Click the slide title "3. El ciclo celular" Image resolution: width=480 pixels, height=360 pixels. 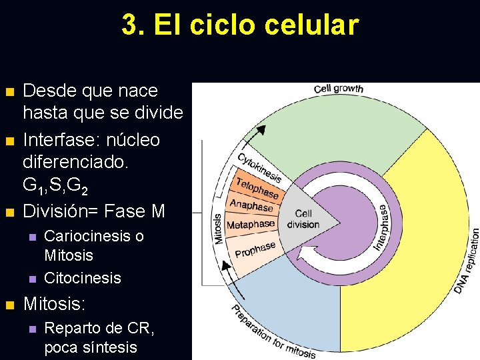click(x=240, y=25)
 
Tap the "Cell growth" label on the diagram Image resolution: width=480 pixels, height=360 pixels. click(x=338, y=89)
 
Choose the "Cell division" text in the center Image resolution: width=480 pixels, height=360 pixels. click(x=303, y=219)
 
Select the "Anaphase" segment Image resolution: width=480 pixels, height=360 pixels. click(x=251, y=205)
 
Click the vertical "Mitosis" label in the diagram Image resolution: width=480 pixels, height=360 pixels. click(x=218, y=229)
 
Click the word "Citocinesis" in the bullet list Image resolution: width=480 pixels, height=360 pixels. click(x=83, y=278)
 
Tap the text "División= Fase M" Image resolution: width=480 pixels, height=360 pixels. click(x=94, y=211)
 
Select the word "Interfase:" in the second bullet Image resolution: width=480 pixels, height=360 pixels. click(x=56, y=140)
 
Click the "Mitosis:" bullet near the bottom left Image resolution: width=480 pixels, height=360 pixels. click(x=55, y=305)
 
